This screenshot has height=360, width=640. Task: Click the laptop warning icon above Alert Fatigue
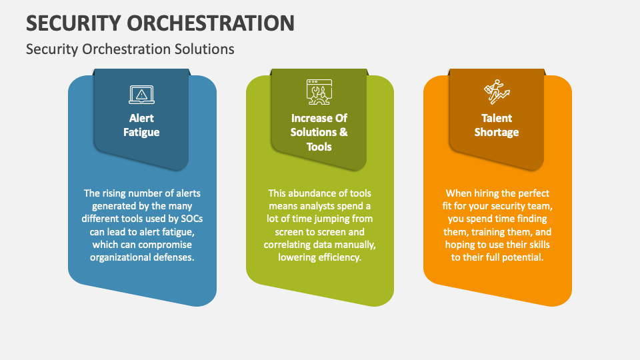pyautogui.click(x=141, y=95)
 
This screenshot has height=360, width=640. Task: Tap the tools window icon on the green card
pyautogui.click(x=319, y=93)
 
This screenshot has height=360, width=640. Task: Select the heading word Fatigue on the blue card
pyautogui.click(x=141, y=132)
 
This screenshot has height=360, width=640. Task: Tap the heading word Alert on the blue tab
pyautogui.click(x=141, y=118)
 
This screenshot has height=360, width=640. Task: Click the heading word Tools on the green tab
pyautogui.click(x=319, y=147)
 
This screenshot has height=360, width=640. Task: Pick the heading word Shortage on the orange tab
pyautogui.click(x=496, y=132)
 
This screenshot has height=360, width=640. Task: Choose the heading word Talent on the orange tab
pyautogui.click(x=496, y=118)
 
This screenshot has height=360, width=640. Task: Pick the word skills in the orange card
pyautogui.click(x=537, y=244)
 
